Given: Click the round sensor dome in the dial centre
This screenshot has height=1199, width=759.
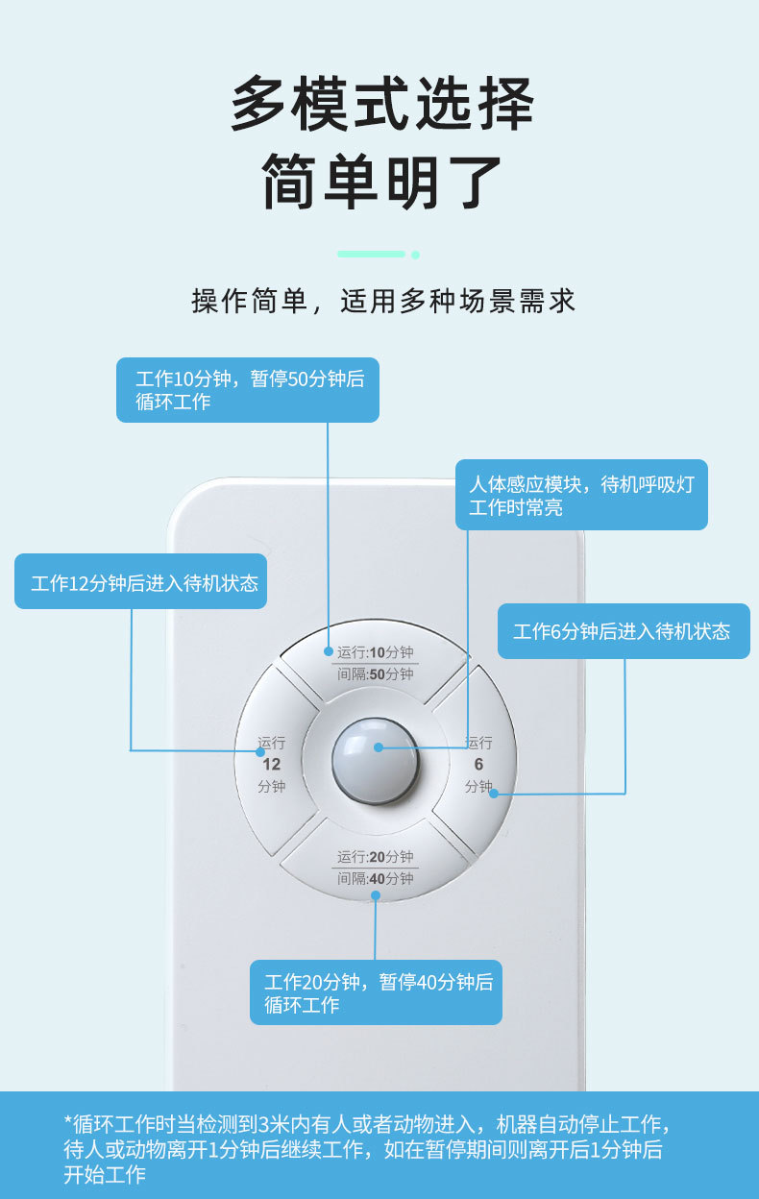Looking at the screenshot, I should [x=376, y=760].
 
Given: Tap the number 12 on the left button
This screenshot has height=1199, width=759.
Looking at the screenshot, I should [x=272, y=765].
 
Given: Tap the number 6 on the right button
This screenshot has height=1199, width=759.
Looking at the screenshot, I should [x=478, y=765].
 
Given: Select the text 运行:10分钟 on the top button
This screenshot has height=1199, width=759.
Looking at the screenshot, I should [x=375, y=652].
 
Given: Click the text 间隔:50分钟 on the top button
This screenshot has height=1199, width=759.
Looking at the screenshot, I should [x=375, y=674].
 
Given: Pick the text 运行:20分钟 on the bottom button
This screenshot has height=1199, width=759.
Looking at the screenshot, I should [x=375, y=857].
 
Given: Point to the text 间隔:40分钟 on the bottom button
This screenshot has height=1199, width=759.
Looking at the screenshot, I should [x=375, y=878].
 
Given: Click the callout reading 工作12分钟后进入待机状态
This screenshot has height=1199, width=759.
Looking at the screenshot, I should [x=141, y=581].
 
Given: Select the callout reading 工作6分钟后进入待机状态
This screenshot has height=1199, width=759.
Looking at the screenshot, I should [x=623, y=631].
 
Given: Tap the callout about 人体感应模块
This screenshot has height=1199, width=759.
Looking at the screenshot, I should [x=581, y=495].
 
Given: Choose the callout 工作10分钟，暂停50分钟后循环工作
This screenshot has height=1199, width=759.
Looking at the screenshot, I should [x=248, y=390].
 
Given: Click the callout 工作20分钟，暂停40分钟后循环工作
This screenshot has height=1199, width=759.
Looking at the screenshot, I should [x=376, y=992].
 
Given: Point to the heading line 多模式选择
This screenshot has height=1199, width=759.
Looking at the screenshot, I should [x=381, y=104].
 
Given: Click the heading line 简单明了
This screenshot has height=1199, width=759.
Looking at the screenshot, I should [x=381, y=180].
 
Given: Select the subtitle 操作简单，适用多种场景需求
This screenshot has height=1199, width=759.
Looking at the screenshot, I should [x=383, y=301].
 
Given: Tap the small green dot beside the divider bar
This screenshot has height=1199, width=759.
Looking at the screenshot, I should [x=415, y=255].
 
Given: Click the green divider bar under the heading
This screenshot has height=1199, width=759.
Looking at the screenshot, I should [x=371, y=254].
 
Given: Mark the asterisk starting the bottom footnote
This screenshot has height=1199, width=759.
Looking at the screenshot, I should [x=68, y=1123].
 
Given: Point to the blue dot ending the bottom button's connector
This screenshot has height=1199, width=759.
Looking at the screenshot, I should [x=376, y=895].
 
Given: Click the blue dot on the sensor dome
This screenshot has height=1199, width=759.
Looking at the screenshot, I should [x=379, y=746].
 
